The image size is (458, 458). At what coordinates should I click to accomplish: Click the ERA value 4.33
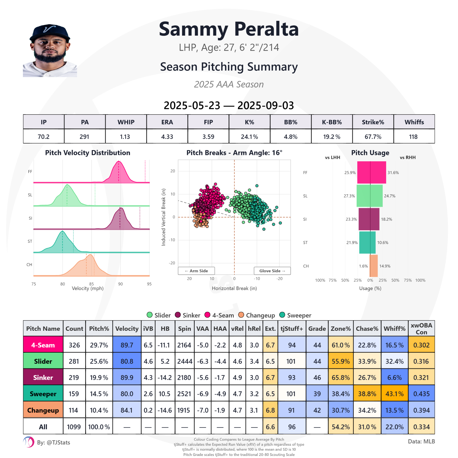click(167, 137)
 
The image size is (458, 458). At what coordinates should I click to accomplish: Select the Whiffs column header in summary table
click(414, 122)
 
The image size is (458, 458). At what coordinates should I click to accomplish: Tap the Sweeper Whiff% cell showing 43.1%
click(394, 394)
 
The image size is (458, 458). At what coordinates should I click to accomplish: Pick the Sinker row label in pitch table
click(43, 378)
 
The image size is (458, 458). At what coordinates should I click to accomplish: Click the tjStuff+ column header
click(292, 329)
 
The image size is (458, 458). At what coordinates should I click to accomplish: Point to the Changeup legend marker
click(241, 315)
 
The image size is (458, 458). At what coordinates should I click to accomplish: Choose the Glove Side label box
click(272, 271)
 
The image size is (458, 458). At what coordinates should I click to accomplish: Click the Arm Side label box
click(196, 271)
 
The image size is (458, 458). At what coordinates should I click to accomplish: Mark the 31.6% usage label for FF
click(393, 173)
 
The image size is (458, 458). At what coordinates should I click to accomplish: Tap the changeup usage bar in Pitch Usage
click(374, 266)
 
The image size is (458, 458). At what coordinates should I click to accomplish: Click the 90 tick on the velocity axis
click(120, 284)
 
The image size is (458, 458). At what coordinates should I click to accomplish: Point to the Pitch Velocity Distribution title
click(88, 153)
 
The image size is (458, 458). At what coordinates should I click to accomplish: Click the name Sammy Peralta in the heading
click(229, 29)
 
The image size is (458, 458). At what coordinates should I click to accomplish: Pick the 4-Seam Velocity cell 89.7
click(127, 345)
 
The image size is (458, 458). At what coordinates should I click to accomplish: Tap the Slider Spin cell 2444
click(184, 361)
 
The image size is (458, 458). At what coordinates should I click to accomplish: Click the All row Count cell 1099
click(74, 427)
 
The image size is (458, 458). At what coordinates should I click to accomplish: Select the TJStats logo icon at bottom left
click(28, 442)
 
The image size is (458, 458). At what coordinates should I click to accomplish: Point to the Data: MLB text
click(421, 441)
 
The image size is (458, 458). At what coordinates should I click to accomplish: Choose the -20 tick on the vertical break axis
click(172, 263)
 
